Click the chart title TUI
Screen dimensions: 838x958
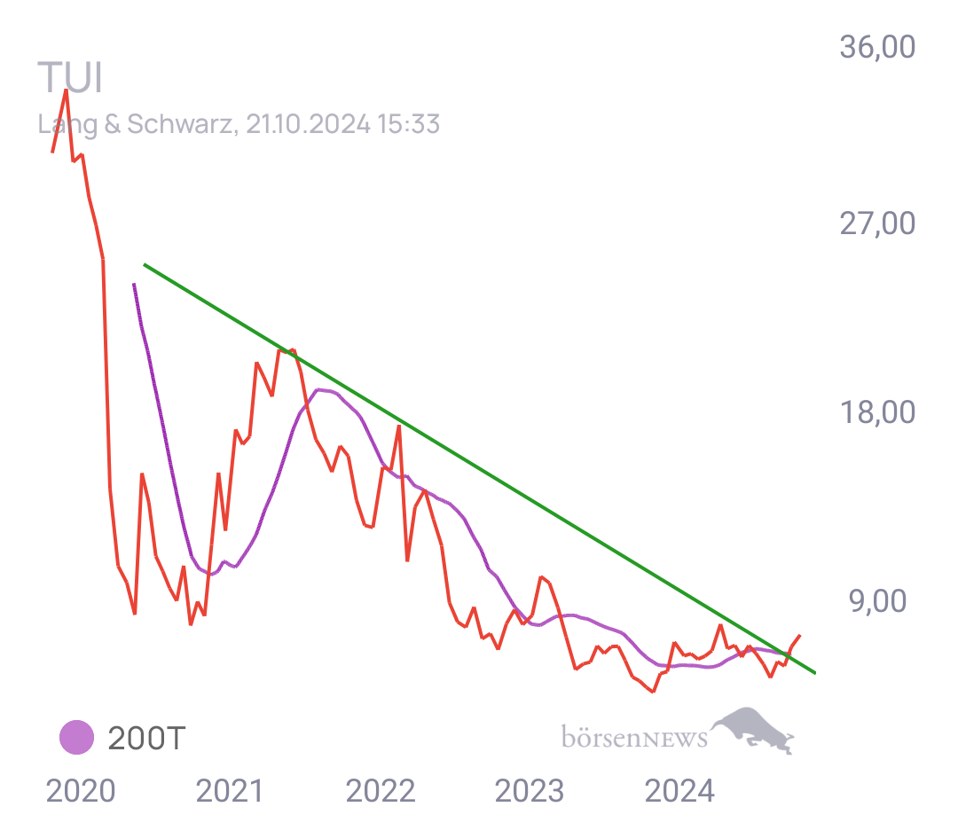[70, 79]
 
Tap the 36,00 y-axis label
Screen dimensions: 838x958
[877, 47]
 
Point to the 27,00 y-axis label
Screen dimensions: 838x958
[877, 224]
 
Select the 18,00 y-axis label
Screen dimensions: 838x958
[877, 413]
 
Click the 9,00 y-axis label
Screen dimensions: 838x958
[877, 600]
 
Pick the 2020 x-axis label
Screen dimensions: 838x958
[80, 790]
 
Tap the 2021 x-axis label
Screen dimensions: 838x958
[230, 790]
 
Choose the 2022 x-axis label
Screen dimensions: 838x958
[380, 790]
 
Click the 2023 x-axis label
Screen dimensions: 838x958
[529, 790]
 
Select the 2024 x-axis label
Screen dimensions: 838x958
[679, 790]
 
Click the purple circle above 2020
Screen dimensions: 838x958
[77, 737]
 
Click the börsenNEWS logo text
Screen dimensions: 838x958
[633, 737]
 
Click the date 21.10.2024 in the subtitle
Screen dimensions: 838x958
[308, 124]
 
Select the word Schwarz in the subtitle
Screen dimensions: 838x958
[181, 124]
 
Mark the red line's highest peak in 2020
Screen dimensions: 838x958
[66, 89]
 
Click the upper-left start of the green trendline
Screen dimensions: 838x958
[144, 264]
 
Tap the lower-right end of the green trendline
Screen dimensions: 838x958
[814, 673]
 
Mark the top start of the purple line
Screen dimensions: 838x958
[133, 284]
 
